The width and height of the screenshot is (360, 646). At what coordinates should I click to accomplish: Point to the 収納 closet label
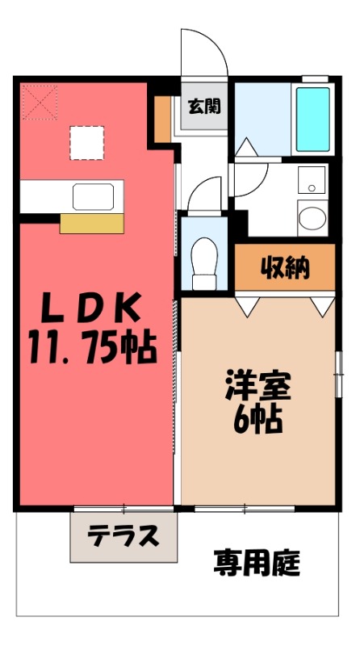tap(284, 268)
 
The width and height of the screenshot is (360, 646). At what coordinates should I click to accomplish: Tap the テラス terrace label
tap(123, 537)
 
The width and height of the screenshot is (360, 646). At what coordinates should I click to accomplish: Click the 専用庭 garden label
tap(257, 562)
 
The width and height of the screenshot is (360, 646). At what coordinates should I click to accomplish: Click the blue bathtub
tap(313, 120)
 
